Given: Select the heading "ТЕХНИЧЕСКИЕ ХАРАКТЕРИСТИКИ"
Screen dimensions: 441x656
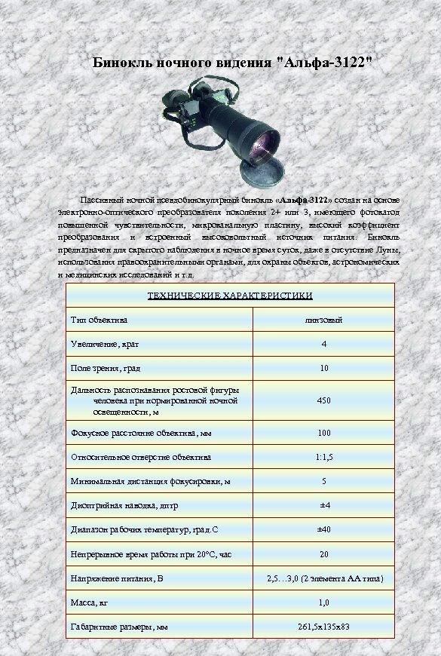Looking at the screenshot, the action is tap(228, 296).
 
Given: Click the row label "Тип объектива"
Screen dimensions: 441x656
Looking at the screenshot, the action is tap(100, 320).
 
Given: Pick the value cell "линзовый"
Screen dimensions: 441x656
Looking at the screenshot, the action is tap(324, 320).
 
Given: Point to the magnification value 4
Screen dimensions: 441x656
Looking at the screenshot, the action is tap(324, 345).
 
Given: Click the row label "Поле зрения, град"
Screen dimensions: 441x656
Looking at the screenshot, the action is tap(106, 369).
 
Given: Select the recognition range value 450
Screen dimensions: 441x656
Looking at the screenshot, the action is tap(324, 400).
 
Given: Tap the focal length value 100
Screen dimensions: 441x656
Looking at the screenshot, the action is tap(324, 433).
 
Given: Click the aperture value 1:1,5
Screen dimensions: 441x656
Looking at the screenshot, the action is tap(324, 457).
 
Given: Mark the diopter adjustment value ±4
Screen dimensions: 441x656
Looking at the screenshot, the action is tap(324, 505).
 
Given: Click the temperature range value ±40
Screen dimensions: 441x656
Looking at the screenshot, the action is tap(324, 529).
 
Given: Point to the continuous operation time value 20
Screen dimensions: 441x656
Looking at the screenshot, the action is tap(324, 553).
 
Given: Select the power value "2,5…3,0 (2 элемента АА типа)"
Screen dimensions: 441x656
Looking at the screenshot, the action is tap(325, 578).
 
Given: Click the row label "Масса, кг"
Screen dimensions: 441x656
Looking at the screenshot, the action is tap(90, 602).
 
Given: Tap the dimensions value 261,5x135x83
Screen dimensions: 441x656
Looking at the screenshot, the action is tap(324, 627).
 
